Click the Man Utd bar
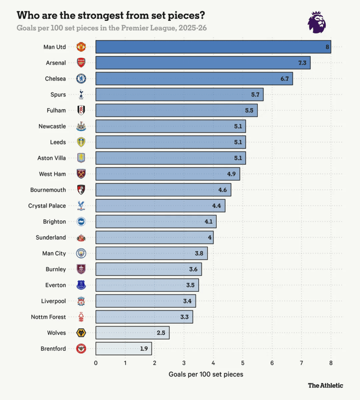(213, 47)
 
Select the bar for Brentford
(123, 348)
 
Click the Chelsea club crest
(81, 79)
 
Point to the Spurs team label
(58, 95)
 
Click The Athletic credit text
(325, 385)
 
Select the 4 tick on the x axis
(213, 363)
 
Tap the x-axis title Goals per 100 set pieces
(206, 374)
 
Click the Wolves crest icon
(81, 333)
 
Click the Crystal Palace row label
(47, 206)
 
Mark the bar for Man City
(151, 254)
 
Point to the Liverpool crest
(81, 301)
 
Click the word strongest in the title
(103, 16)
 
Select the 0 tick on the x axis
(96, 363)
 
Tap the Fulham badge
(81, 111)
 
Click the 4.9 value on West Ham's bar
(232, 174)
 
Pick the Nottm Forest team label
(48, 317)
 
